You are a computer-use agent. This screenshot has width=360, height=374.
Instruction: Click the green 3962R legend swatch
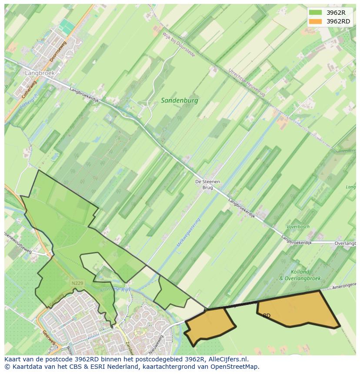pos(316,13)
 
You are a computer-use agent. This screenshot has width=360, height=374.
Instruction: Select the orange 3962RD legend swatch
pos(316,21)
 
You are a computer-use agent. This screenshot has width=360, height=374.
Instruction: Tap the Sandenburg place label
pos(179,100)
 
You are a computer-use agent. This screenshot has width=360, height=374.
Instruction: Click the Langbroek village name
pos(40,73)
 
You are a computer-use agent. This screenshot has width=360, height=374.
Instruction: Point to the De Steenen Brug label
pos(207,185)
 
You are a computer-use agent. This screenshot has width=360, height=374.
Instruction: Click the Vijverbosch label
pos(297,227)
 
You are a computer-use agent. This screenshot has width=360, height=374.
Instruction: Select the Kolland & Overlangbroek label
pos(300,275)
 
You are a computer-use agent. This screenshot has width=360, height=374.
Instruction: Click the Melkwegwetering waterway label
pos(188,234)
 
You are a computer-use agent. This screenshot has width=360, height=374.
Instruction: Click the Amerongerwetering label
pos(344,287)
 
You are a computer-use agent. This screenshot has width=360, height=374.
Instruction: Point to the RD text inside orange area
pos(267,316)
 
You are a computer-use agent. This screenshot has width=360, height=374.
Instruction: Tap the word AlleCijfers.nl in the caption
pos(227,359)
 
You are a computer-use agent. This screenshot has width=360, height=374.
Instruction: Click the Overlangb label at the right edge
pos(347,244)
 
